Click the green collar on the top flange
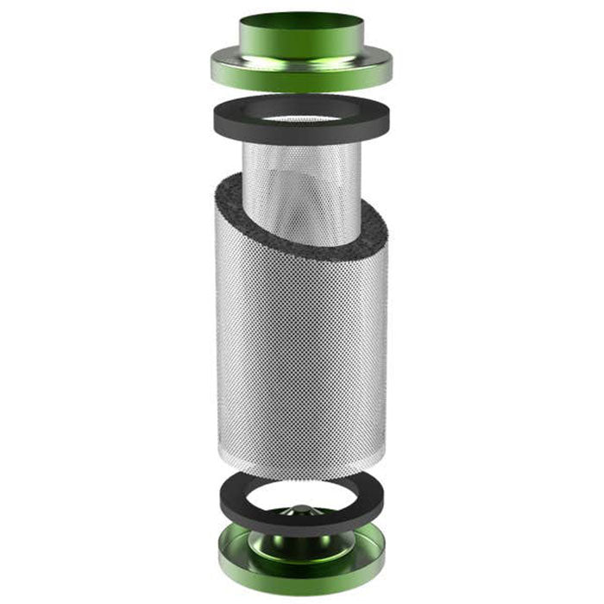(301, 40)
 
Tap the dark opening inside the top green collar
(301, 19)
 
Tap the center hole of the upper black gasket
(301, 113)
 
